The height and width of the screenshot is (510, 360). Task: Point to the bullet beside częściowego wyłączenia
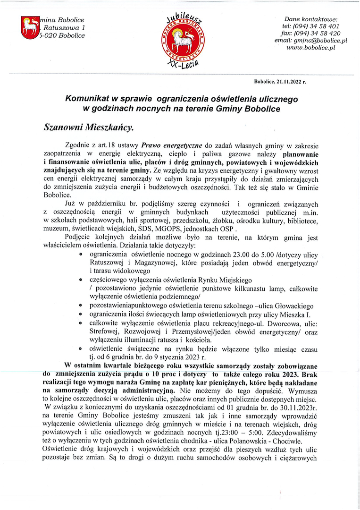(82, 280)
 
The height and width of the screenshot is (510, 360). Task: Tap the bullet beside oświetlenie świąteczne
(82, 348)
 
